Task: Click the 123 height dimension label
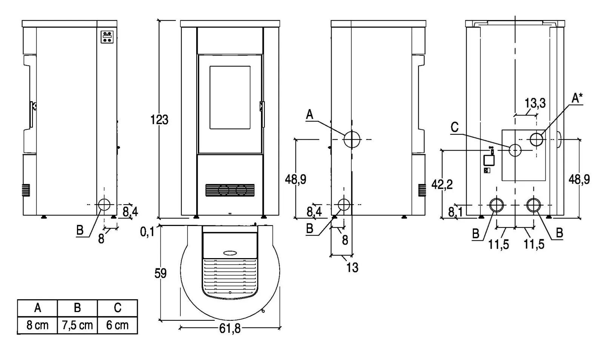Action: pyautogui.click(x=159, y=120)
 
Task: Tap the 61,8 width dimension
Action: pyautogui.click(x=230, y=328)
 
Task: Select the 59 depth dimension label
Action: pyautogui.click(x=160, y=273)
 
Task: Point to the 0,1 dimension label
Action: pyautogui.click(x=148, y=232)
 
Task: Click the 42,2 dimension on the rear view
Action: pyautogui.click(x=442, y=184)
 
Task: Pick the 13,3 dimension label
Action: pyautogui.click(x=535, y=103)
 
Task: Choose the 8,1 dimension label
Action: pyautogui.click(x=455, y=212)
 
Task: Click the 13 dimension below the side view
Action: pyautogui.click(x=352, y=267)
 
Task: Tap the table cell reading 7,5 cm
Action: pyautogui.click(x=77, y=325)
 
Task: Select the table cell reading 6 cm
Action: pyautogui.click(x=117, y=325)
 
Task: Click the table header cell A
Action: pyautogui.click(x=38, y=308)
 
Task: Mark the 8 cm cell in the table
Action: pyautogui.click(x=38, y=325)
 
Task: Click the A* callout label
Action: pyautogui.click(x=577, y=98)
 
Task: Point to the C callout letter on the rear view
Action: pyautogui.click(x=455, y=128)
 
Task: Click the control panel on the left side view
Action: pyautogui.click(x=107, y=37)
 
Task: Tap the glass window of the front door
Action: pyautogui.click(x=230, y=97)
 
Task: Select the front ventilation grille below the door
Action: pyautogui.click(x=230, y=190)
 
